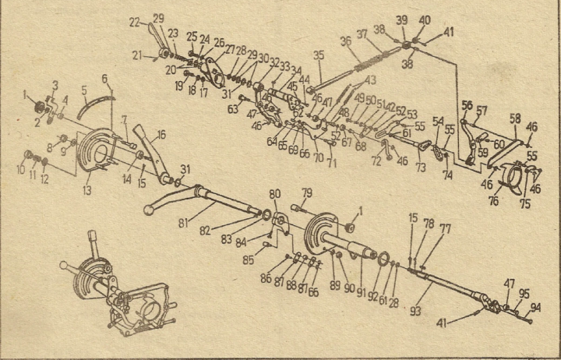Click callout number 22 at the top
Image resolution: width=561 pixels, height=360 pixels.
tap(135, 21)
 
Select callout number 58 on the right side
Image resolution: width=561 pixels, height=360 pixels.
tap(513, 118)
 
